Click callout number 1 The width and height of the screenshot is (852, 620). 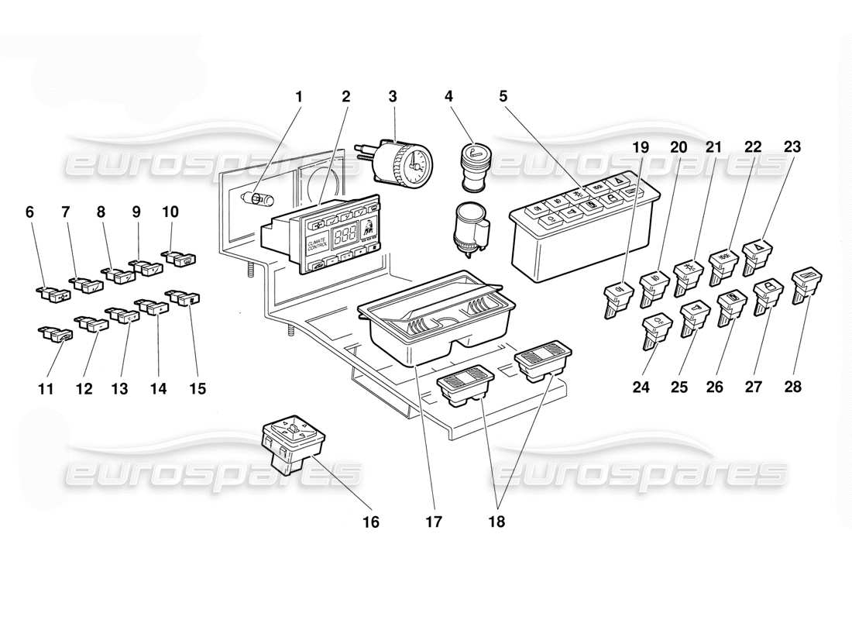click(x=299, y=97)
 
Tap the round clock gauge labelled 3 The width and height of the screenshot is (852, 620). click(x=408, y=163)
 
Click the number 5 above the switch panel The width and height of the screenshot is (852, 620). click(x=503, y=97)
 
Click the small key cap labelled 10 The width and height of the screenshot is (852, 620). click(x=179, y=257)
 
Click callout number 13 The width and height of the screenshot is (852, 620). click(x=119, y=388)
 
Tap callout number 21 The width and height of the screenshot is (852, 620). click(x=713, y=146)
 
